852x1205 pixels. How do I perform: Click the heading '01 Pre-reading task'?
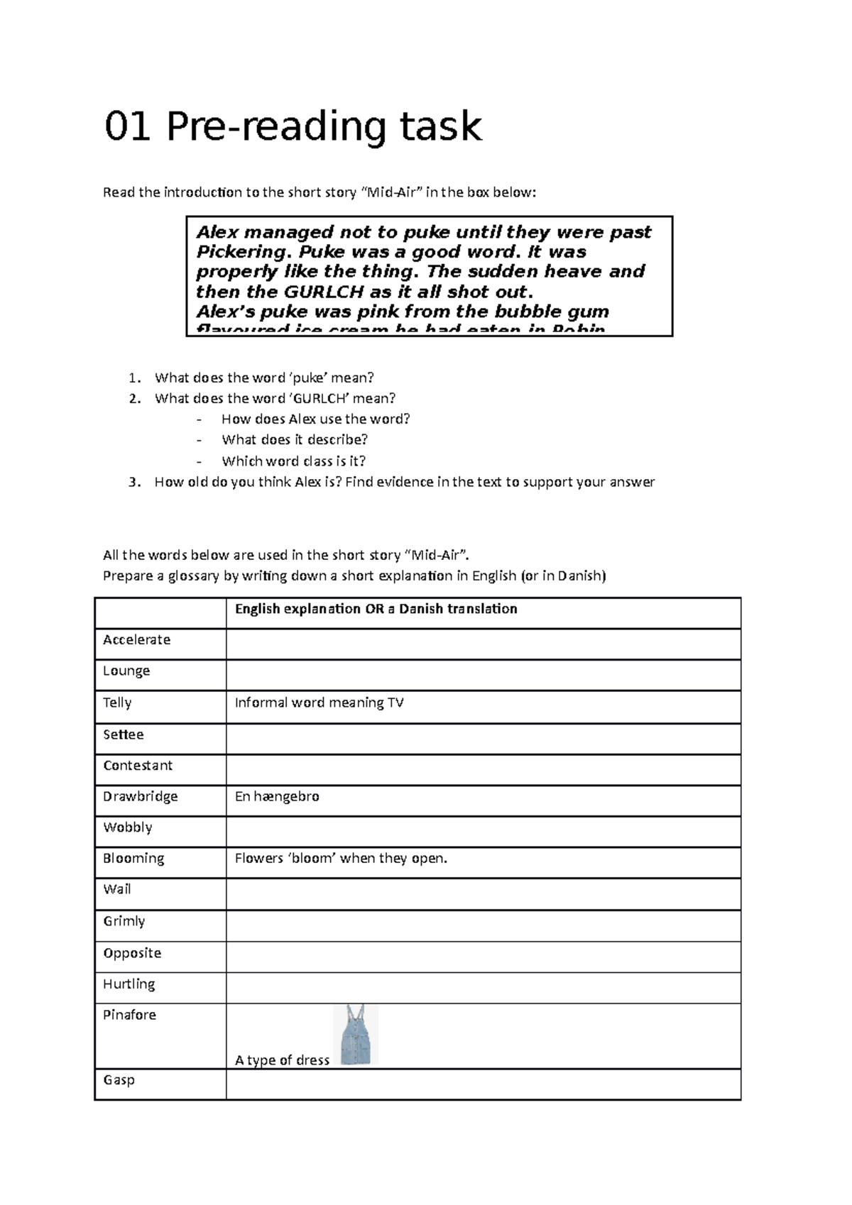pyautogui.click(x=293, y=127)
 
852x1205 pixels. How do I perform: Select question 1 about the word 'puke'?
pyautogui.click(x=263, y=378)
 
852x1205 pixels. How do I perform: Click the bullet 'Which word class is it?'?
pyautogui.click(x=293, y=461)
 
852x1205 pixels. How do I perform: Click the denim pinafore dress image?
pyautogui.click(x=355, y=1035)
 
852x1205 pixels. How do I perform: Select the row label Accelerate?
pyautogui.click(x=137, y=640)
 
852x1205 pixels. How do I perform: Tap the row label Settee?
pyautogui.click(x=124, y=734)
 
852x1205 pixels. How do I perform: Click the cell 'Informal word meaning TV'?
pyautogui.click(x=319, y=703)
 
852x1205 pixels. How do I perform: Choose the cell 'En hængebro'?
pyautogui.click(x=277, y=797)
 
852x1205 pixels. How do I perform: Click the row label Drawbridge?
pyautogui.click(x=141, y=797)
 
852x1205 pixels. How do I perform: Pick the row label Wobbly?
pyautogui.click(x=128, y=827)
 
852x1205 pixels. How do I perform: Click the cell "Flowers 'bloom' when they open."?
pyautogui.click(x=341, y=859)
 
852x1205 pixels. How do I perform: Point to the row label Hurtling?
pyautogui.click(x=129, y=984)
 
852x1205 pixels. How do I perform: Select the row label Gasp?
pyautogui.click(x=119, y=1080)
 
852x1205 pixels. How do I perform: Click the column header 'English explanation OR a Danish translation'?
pyautogui.click(x=376, y=609)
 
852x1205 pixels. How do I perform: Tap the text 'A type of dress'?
pyautogui.click(x=282, y=1060)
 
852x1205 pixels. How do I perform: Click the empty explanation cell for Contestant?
pyautogui.click(x=483, y=769)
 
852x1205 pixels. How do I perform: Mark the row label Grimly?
pyautogui.click(x=124, y=921)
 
